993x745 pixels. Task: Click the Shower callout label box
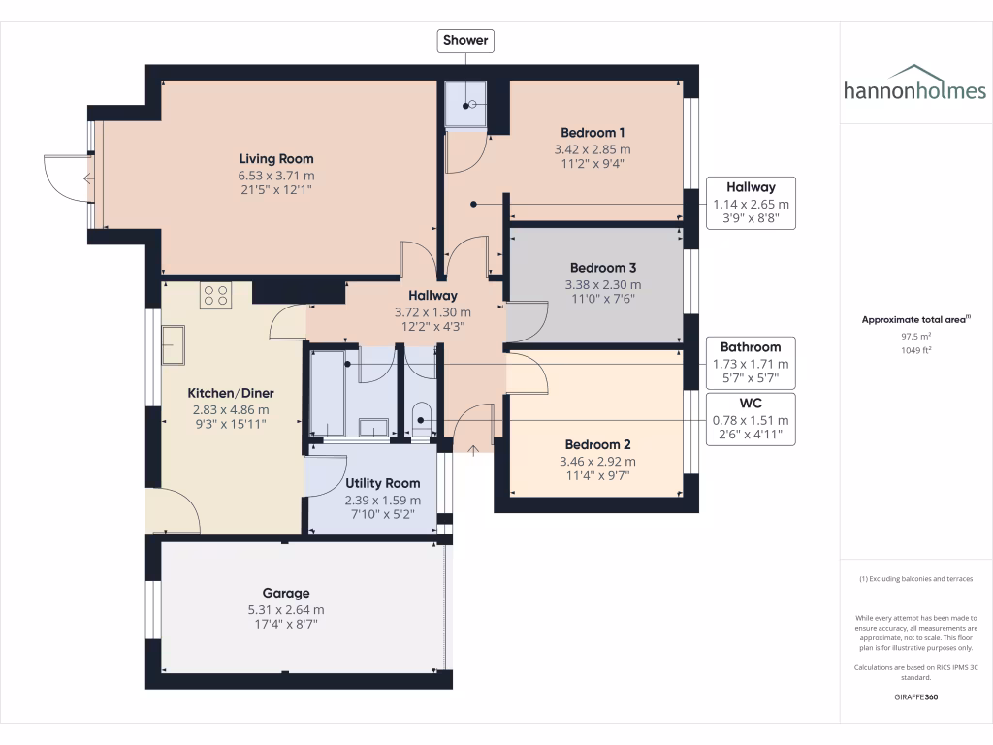tap(466, 41)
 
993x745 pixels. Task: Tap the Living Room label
tap(276, 159)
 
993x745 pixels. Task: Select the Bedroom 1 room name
tap(593, 133)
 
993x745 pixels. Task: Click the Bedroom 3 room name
tap(603, 268)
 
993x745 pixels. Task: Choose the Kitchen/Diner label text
tap(231, 393)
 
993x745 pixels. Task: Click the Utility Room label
tap(383, 483)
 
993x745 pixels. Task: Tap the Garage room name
tap(286, 593)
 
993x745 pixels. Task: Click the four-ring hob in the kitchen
tap(215, 295)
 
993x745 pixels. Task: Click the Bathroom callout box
tap(751, 362)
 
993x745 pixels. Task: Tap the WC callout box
tap(751, 419)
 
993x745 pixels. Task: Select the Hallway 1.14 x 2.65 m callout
tap(751, 203)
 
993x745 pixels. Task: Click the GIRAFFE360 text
tap(916, 697)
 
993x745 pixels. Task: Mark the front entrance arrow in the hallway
tap(473, 448)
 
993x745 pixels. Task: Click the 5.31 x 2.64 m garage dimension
tap(286, 609)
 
